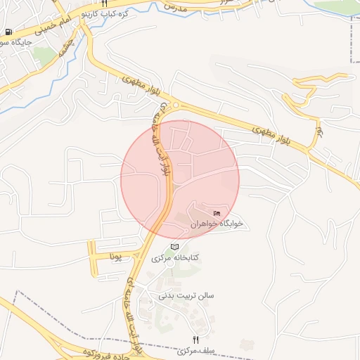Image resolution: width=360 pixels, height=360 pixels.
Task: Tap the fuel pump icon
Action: pyautogui.click(x=8, y=32)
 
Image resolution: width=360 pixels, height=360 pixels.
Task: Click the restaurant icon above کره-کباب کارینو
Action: pyautogui.click(x=104, y=4)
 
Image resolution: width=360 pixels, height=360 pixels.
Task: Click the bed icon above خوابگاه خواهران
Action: pyautogui.click(x=217, y=213)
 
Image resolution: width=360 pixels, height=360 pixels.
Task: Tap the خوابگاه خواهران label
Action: pyautogui.click(x=221, y=224)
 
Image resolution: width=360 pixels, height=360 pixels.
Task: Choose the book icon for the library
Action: pyautogui.click(x=174, y=247)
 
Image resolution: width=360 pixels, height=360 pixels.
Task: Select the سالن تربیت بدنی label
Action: pyautogui.click(x=186, y=296)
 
